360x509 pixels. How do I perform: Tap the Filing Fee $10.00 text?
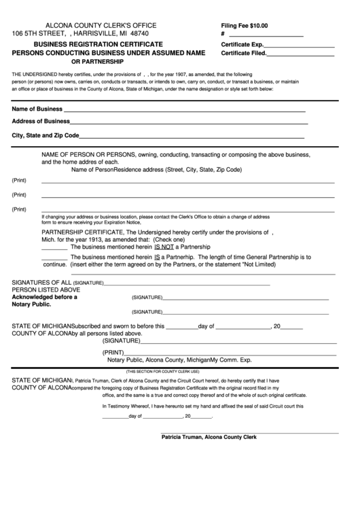pos(245,25)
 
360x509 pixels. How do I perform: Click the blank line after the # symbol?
pos(266,35)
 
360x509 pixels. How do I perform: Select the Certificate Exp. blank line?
pos(299,45)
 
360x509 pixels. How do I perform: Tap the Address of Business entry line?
pos(189,122)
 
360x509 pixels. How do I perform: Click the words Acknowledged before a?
pos(45,297)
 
